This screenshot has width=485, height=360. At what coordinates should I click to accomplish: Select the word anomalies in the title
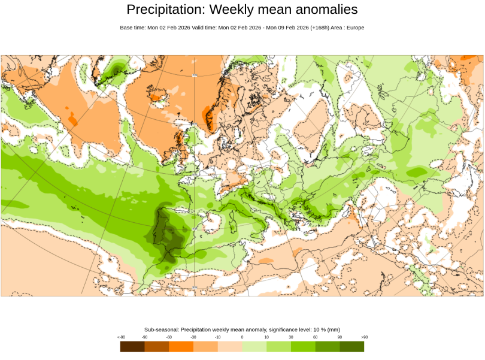click(x=324, y=10)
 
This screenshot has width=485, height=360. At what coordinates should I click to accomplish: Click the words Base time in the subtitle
click(x=132, y=28)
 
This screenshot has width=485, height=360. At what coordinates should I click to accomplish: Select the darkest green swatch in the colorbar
click(x=352, y=346)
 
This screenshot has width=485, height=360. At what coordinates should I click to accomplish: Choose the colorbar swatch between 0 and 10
click(x=254, y=346)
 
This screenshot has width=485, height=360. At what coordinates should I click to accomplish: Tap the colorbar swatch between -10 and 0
click(x=230, y=346)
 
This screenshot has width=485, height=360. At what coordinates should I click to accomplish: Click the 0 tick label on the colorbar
click(x=242, y=337)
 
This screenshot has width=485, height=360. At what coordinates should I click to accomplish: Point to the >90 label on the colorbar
click(x=364, y=337)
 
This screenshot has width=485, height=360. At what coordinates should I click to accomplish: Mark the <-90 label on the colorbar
click(x=121, y=337)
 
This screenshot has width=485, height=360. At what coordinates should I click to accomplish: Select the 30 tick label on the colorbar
click(x=291, y=337)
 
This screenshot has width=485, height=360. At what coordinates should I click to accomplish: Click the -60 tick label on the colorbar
click(x=169, y=337)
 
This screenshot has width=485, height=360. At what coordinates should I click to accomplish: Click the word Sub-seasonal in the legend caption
click(x=161, y=329)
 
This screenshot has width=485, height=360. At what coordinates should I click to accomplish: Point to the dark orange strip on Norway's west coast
click(x=210, y=117)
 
